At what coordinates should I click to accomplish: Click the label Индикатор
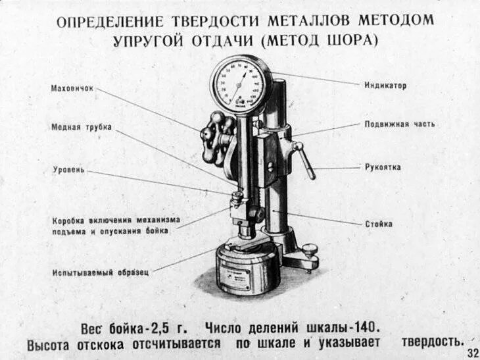(386, 86)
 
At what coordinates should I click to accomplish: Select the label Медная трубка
(82, 128)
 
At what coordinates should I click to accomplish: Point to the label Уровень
(68, 170)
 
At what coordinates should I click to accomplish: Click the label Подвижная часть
(400, 124)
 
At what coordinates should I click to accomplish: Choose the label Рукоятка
(383, 167)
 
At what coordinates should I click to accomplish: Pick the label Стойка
(379, 224)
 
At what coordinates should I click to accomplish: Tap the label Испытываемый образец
(101, 271)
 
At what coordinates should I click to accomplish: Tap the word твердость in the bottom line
(432, 343)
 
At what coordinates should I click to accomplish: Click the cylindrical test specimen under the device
(247, 270)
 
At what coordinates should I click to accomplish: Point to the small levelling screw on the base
(308, 250)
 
